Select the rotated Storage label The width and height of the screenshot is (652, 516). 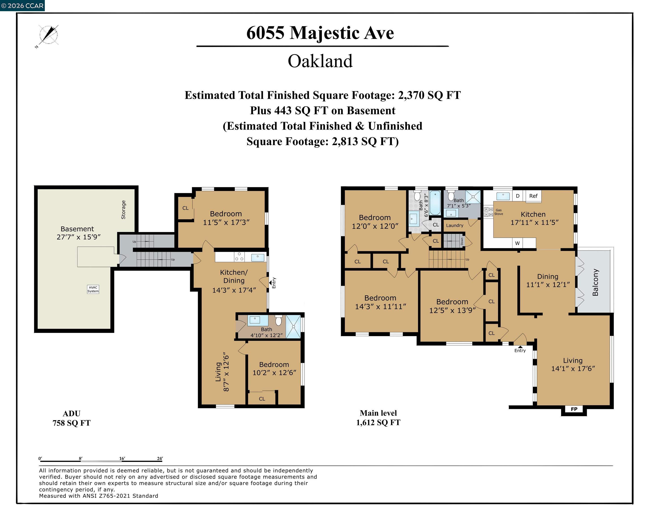[x=123, y=210]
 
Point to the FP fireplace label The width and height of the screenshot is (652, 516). [x=574, y=409]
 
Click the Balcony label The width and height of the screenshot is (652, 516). [x=595, y=282]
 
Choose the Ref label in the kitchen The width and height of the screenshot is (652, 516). [x=533, y=196]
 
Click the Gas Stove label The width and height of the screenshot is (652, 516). [x=499, y=212]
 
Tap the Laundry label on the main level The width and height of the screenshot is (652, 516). [x=454, y=225]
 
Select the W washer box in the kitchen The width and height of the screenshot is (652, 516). [x=517, y=243]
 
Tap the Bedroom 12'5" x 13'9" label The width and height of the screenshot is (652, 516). [x=452, y=306]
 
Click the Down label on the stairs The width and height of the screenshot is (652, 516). [x=462, y=241]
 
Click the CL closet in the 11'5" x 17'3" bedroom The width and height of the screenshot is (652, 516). [x=185, y=208]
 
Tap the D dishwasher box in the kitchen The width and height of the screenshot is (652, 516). [x=518, y=196]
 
